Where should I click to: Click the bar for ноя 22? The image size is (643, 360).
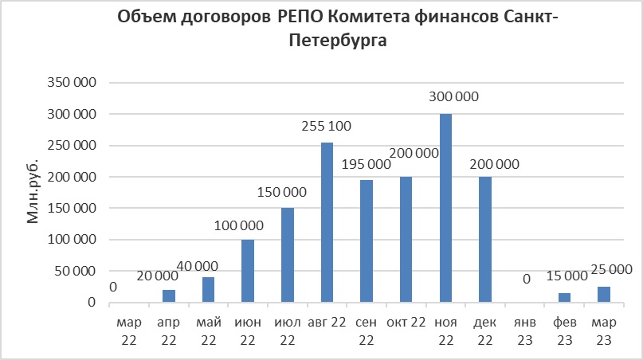(x=445, y=209)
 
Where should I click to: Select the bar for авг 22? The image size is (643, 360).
(x=327, y=223)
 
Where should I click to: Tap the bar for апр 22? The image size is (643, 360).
(x=169, y=296)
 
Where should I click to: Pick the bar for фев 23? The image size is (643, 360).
(x=564, y=298)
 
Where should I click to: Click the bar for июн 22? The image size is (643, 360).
(x=248, y=271)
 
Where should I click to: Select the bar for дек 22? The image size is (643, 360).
(x=485, y=240)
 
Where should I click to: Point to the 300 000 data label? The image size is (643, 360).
(x=453, y=96)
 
